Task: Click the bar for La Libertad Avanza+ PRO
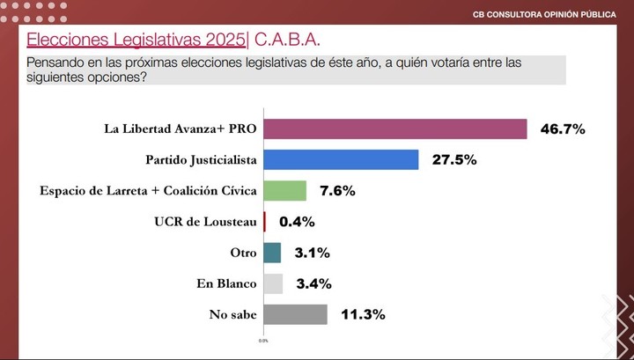(394, 129)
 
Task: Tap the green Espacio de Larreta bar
(284, 191)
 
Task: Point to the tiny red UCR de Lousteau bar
(264, 222)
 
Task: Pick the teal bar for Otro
(272, 253)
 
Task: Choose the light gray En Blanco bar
(273, 283)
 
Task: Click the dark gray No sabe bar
(295, 314)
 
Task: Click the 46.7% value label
(562, 129)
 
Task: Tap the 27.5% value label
(453, 160)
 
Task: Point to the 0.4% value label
(296, 222)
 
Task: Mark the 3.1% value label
(312, 253)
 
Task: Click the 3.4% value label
(313, 283)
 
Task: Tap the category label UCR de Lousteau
(205, 222)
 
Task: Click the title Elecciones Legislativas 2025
(136, 40)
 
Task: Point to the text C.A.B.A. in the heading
(287, 40)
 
